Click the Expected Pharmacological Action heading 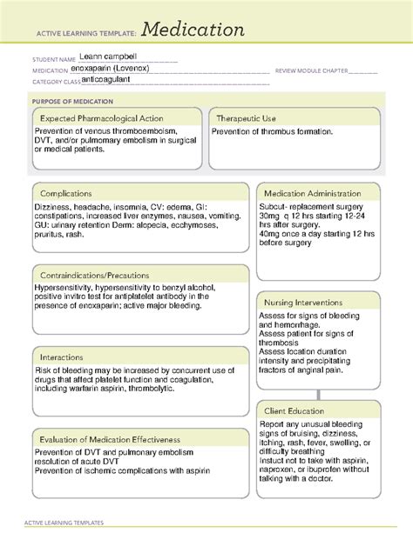102,118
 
